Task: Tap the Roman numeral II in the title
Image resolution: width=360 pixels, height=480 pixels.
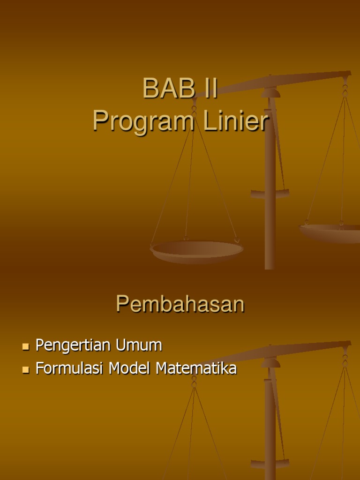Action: (x=208, y=89)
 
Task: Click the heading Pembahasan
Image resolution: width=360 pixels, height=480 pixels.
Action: (x=180, y=304)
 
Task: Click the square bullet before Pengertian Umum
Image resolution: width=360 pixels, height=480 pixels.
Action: (x=26, y=347)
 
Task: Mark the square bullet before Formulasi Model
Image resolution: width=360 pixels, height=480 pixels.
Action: (x=26, y=370)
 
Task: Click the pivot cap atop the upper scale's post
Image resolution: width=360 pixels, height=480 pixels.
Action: (x=270, y=93)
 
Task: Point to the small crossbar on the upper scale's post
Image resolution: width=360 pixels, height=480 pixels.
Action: (x=270, y=193)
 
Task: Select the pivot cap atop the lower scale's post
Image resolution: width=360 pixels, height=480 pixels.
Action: (x=270, y=363)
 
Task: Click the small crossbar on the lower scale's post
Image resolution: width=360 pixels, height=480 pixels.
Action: (x=270, y=463)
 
